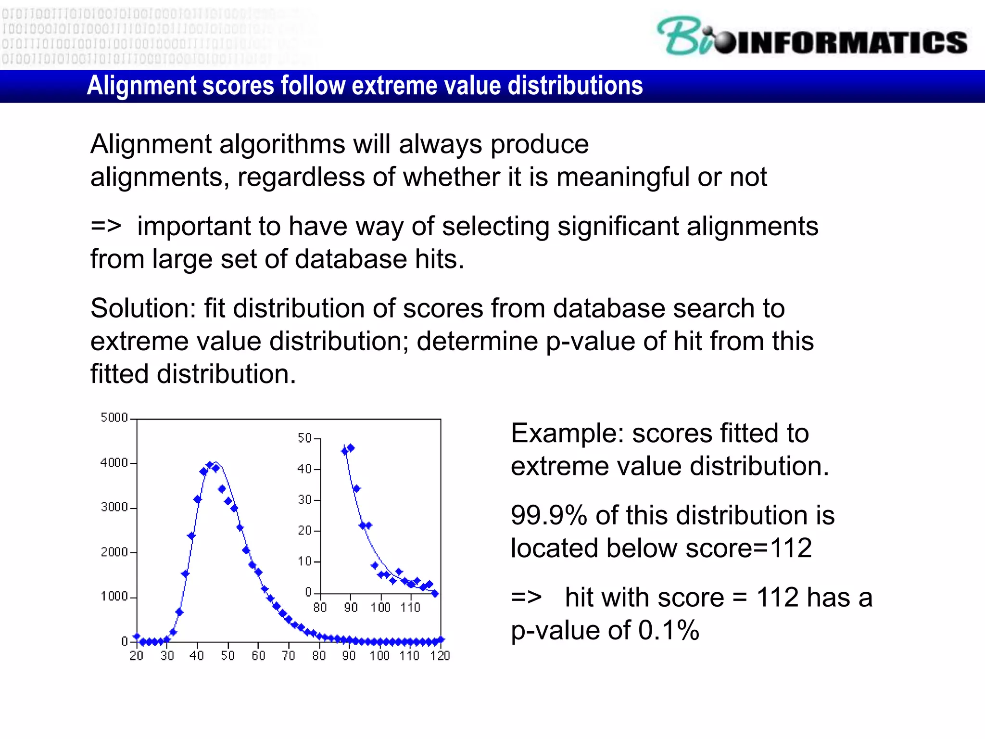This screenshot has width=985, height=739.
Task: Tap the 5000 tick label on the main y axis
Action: coord(114,418)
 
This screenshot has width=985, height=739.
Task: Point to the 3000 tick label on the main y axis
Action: coord(114,507)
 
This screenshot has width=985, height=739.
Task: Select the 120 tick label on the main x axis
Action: coord(440,656)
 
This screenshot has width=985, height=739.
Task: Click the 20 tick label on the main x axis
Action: coord(137,656)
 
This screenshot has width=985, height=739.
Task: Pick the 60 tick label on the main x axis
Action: coord(258,656)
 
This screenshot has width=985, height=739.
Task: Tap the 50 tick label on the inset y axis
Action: coord(304,438)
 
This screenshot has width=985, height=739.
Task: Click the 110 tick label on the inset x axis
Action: coord(410,608)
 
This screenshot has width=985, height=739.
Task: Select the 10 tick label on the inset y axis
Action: coord(304,561)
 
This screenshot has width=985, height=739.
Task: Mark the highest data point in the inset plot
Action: coord(351,448)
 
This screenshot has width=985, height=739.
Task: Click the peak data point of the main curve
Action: coord(210,465)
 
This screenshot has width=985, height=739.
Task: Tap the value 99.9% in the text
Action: coord(549,515)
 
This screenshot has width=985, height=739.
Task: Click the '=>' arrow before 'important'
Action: coord(106,226)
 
